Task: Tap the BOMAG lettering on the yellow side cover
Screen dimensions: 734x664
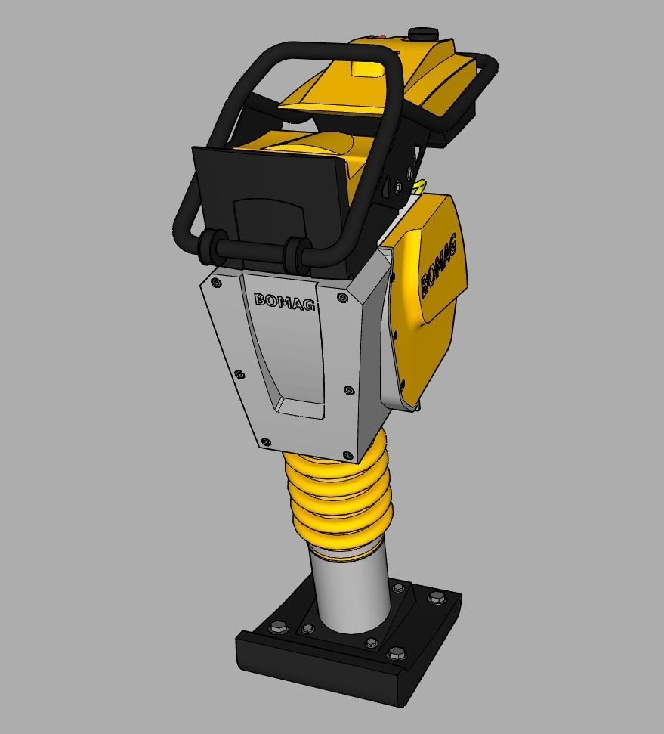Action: pyautogui.click(x=439, y=265)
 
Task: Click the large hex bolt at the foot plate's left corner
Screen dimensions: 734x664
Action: pyautogui.click(x=278, y=627)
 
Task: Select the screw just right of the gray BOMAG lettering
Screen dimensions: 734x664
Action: pyautogui.click(x=343, y=298)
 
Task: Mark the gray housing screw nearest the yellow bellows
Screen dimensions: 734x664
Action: pyautogui.click(x=347, y=456)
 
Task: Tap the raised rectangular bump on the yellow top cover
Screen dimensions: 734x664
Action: pyautogui.click(x=368, y=69)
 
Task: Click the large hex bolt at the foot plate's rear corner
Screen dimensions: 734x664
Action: pyautogui.click(x=436, y=598)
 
